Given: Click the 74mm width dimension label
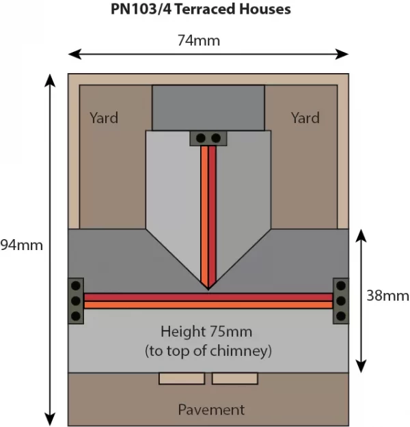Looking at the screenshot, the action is point(199,40).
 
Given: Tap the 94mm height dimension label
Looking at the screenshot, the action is point(21,245).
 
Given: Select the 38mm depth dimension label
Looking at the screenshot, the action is point(387,296).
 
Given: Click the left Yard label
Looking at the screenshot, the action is point(104,118).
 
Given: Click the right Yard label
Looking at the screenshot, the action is point(305,118).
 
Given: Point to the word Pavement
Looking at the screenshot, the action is point(211,409).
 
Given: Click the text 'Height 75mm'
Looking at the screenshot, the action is point(206,331).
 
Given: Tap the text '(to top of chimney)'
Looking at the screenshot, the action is point(208,350).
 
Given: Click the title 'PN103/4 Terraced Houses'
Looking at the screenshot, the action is point(201,9).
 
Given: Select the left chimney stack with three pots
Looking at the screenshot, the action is point(76,301).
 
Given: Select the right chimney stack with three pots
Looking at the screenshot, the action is point(341,301).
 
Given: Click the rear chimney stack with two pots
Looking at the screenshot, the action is point(208,138).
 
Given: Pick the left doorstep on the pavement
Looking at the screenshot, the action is point(182,378).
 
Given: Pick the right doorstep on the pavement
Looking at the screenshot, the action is point(235,378).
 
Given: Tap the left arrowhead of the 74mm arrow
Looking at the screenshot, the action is point(74,54).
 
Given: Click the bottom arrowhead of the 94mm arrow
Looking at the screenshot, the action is point(50,419).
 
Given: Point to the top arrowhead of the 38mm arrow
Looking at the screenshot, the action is point(361,236).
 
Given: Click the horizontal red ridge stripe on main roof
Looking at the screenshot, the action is point(208,297).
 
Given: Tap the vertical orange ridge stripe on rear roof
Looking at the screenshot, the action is point(204,215).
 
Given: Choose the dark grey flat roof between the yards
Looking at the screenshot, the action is point(208,108).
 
